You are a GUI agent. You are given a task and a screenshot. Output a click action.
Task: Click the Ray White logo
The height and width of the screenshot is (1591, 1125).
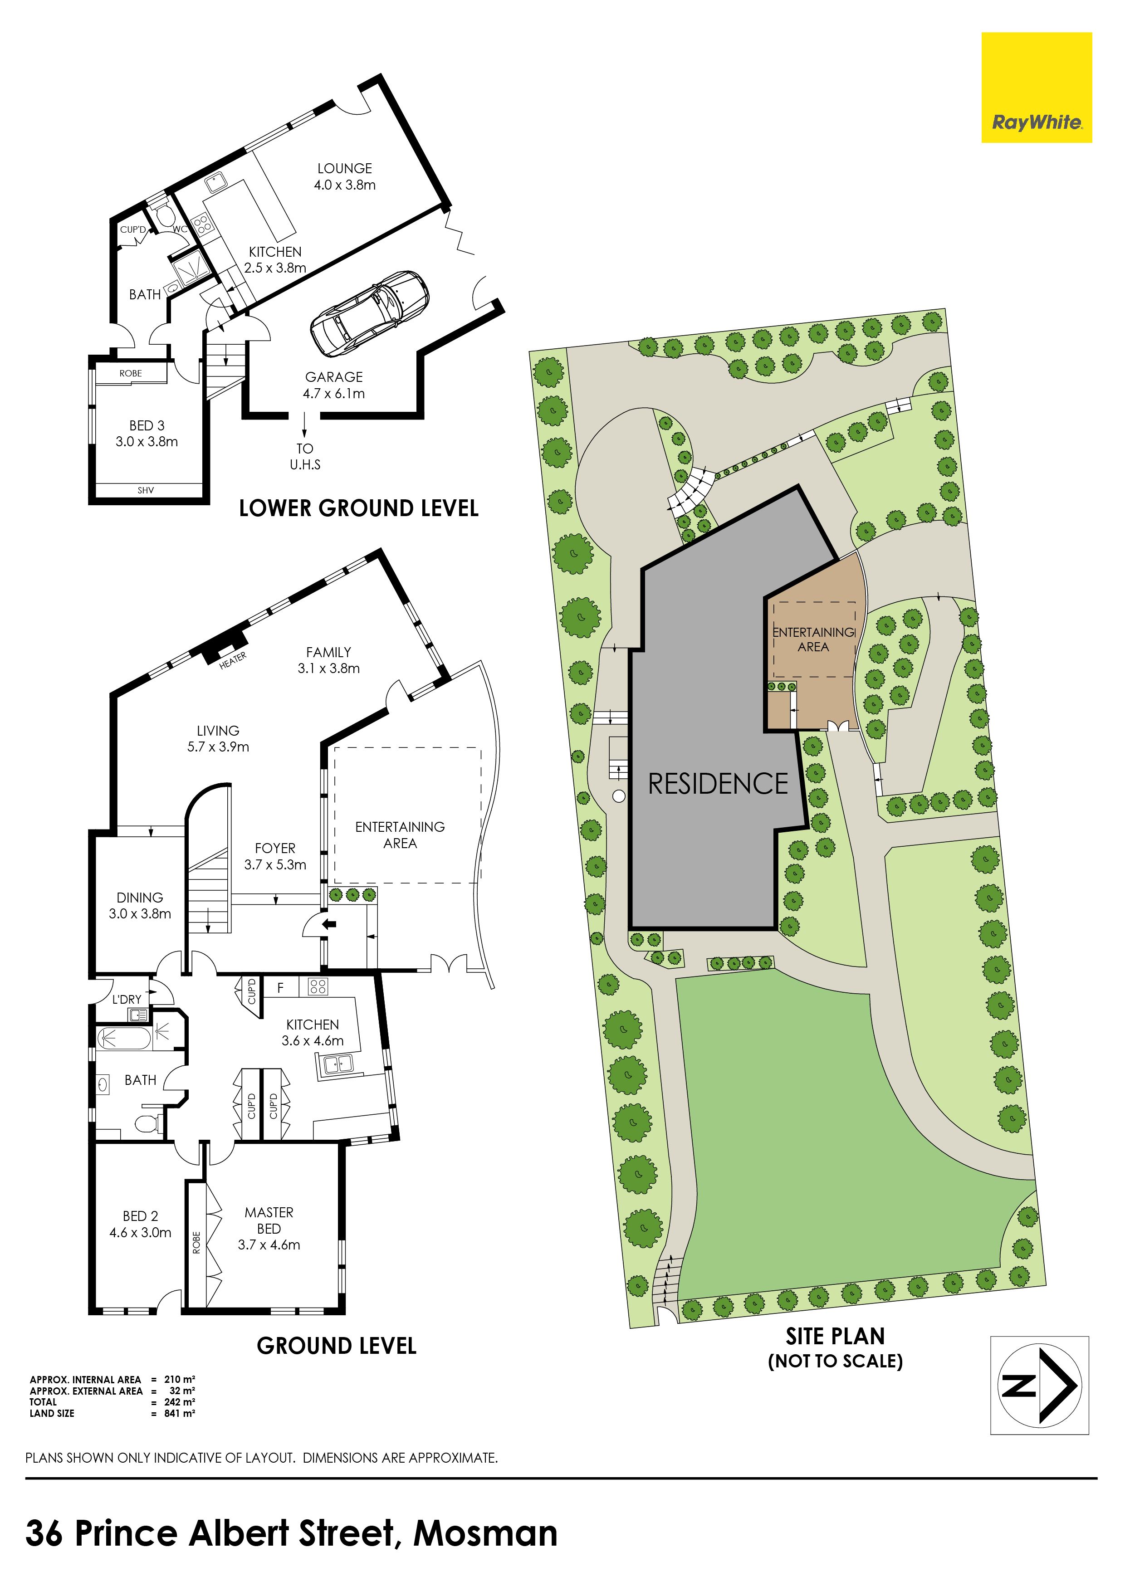click(x=1036, y=88)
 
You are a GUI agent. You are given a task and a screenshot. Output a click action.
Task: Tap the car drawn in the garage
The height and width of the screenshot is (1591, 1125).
click(x=369, y=311)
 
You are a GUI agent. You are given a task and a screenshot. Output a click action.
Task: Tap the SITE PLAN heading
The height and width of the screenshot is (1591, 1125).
click(x=835, y=1336)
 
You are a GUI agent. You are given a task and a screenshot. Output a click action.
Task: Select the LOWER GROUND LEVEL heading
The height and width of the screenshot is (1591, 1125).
click(x=358, y=508)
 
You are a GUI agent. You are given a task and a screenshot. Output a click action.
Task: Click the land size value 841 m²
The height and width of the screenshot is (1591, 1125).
click(x=180, y=1414)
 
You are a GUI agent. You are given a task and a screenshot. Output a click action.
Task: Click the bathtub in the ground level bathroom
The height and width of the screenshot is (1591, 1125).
click(x=123, y=1039)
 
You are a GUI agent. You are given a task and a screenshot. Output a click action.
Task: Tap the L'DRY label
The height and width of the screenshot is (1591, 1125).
click(x=127, y=999)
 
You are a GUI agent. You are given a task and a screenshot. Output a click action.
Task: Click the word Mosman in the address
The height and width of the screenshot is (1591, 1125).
click(x=485, y=1533)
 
